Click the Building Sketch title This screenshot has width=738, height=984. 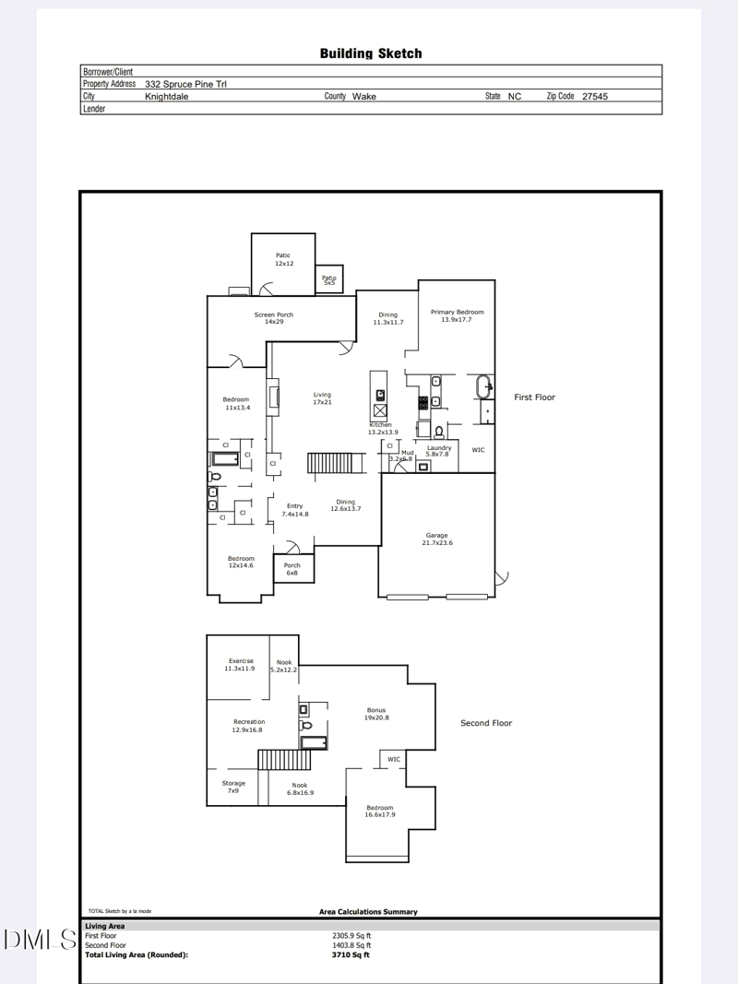click(371, 53)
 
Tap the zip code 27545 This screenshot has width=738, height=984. click(595, 96)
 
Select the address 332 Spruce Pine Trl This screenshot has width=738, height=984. click(186, 84)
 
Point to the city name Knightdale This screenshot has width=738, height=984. click(167, 96)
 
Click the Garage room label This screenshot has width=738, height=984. click(436, 539)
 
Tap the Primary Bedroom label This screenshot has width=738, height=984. click(457, 315)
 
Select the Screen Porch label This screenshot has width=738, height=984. click(273, 318)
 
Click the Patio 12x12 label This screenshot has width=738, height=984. click(283, 259)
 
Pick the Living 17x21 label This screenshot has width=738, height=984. click(322, 398)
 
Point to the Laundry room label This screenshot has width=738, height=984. click(439, 451)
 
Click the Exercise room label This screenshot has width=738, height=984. click(240, 664)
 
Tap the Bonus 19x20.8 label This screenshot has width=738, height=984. click(376, 713)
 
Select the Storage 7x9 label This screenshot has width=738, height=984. click(233, 787)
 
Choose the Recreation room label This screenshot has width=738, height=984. click(248, 725)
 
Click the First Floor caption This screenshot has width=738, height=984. click(535, 397)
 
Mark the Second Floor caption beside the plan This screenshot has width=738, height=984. click(486, 723)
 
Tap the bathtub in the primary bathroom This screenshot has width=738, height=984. click(484, 387)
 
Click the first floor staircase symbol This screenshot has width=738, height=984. click(325, 463)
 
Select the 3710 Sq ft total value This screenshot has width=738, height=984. click(351, 954)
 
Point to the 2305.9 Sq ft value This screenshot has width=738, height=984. click(351, 935)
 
